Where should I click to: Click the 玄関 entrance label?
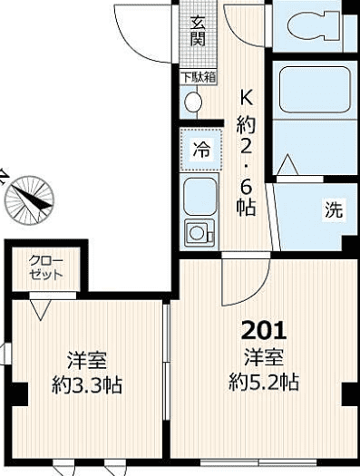click(197, 29)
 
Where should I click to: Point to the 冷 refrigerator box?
click(200, 151)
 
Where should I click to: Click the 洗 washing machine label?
click(334, 210)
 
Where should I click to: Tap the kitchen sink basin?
click(199, 195)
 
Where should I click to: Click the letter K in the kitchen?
click(245, 98)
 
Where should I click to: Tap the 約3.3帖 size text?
click(87, 384)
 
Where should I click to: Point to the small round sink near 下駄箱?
click(193, 102)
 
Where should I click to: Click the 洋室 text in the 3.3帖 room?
click(86, 359)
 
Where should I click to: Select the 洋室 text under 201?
click(263, 355)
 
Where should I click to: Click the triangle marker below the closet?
click(39, 310)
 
